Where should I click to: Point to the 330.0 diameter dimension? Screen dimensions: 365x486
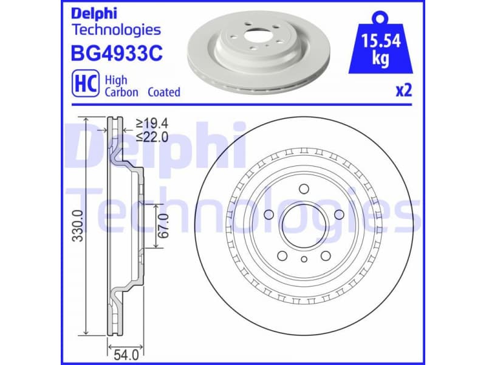[x=78, y=226]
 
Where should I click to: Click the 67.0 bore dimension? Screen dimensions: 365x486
[x=162, y=226]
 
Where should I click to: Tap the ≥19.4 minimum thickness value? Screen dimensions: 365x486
[x=152, y=124]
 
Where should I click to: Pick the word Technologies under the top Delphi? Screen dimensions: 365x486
[x=116, y=29]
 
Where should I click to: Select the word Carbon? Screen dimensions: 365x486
[x=122, y=92]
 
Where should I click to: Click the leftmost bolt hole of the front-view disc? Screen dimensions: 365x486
[x=269, y=214]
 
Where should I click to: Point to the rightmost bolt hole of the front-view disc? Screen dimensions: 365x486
[x=338, y=214]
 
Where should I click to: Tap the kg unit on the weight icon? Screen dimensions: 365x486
[x=380, y=61]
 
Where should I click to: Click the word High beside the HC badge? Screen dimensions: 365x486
[x=115, y=80]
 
